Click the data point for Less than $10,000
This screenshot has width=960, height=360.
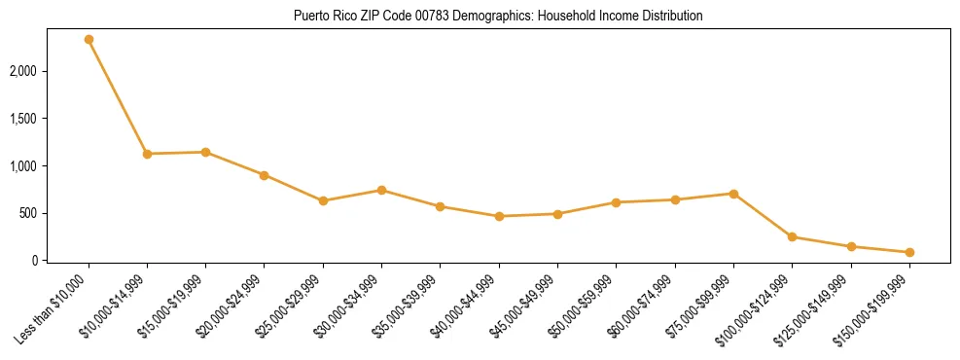click(89, 40)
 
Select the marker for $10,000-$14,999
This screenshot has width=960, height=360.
click(147, 154)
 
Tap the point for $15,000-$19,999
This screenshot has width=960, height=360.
click(205, 152)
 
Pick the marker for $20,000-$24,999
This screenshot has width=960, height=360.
click(264, 175)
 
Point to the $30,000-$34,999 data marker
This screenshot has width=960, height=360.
click(381, 190)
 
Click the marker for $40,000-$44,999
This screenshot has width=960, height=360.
click(499, 216)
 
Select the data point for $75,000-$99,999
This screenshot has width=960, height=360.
click(733, 194)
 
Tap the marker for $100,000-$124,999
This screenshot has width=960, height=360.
click(792, 236)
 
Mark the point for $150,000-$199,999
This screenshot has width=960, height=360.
click(909, 252)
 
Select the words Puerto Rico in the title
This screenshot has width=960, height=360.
click(322, 17)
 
